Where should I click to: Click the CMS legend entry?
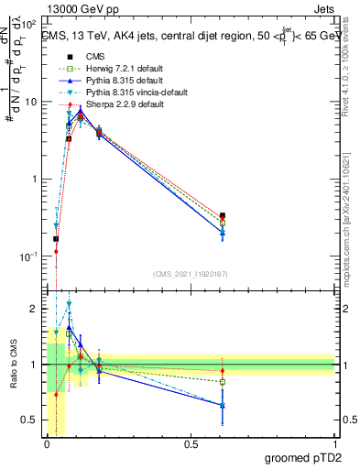tap(83, 57)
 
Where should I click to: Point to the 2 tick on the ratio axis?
tap(33, 309)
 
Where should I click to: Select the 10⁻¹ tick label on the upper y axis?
tap(27, 256)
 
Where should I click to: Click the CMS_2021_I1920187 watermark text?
tap(191, 274)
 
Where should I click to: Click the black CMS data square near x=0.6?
tap(223, 215)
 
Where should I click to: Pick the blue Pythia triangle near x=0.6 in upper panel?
tap(223, 233)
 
